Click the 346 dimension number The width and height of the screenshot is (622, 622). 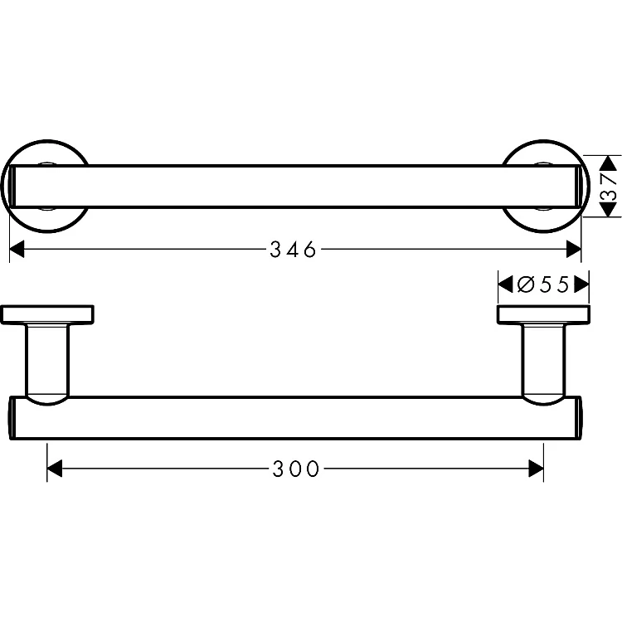[293, 250]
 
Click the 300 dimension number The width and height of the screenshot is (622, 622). [295, 469]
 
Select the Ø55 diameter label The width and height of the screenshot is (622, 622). [543, 284]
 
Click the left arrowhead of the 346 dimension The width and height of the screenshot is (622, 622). [17, 249]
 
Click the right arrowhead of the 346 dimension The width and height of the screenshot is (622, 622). [574, 249]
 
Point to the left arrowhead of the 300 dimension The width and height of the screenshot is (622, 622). [55, 469]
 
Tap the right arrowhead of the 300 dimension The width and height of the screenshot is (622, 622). [536, 469]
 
